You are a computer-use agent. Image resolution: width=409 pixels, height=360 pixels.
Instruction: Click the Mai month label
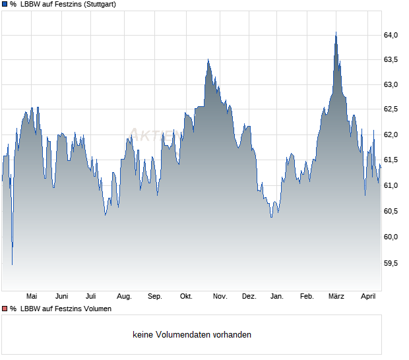(x=32, y=297)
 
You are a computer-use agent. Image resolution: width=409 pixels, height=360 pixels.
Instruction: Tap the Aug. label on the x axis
(x=124, y=297)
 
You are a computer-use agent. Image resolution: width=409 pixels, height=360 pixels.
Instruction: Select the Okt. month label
(x=186, y=297)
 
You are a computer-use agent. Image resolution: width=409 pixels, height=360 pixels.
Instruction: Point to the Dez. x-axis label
(x=249, y=297)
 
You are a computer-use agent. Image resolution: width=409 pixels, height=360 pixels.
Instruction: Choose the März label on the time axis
(x=336, y=297)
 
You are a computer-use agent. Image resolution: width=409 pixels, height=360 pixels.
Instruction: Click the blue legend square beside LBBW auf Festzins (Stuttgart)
(x=4, y=5)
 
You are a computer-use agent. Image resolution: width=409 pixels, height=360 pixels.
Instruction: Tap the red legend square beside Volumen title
(x=4, y=309)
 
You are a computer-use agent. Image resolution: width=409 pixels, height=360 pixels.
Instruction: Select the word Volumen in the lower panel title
(x=96, y=309)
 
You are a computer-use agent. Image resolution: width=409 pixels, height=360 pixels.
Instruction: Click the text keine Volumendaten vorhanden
(x=192, y=335)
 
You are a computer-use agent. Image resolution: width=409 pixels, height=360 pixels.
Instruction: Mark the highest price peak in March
(x=336, y=32)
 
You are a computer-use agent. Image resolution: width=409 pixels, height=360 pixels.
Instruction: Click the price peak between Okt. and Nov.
(x=208, y=59)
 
